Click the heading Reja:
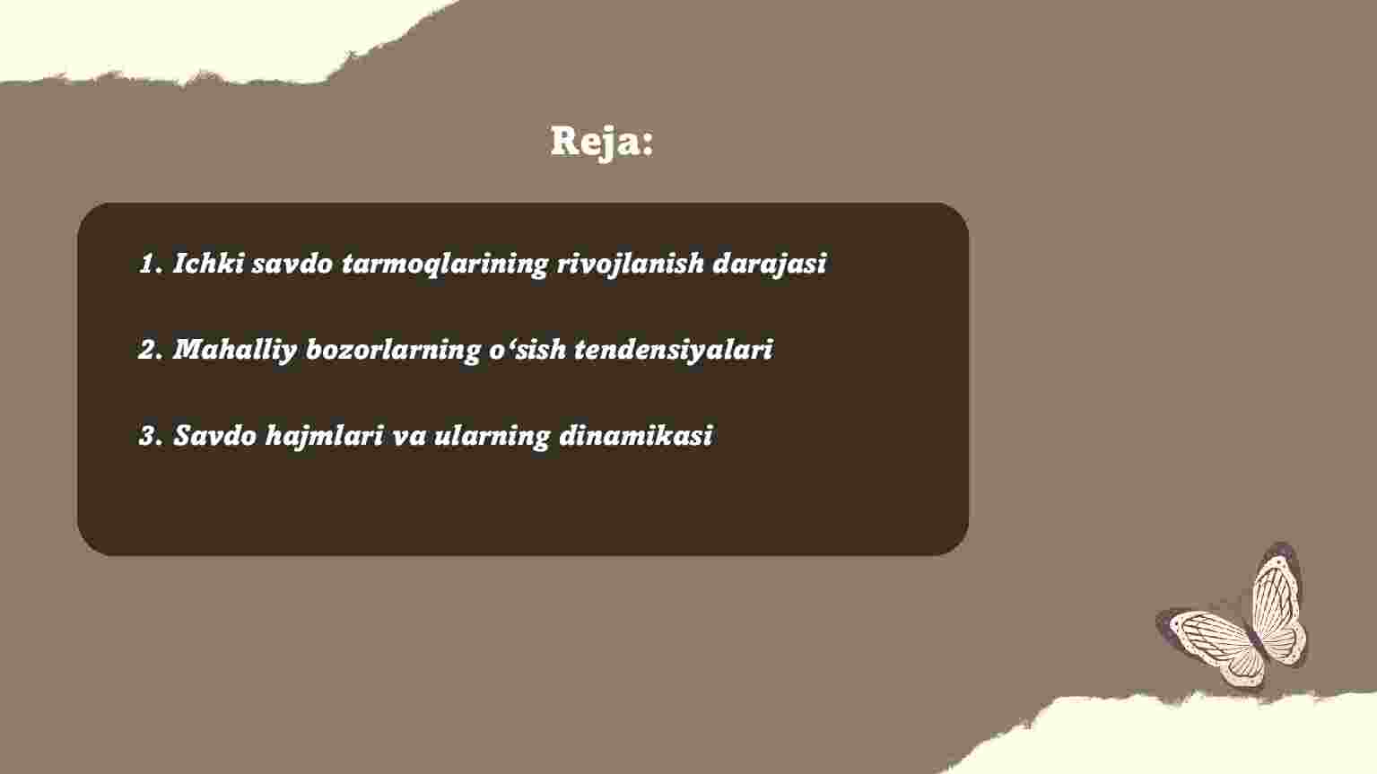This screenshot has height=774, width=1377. pos(602,142)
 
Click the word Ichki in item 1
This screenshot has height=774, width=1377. pos(208,263)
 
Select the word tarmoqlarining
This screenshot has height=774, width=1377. pos(444,265)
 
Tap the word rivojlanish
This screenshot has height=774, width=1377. pos(630,265)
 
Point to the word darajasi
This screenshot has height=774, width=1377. pos(769,265)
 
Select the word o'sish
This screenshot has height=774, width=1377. pos(527,349)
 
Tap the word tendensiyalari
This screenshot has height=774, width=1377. pos(674,351)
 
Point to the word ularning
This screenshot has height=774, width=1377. pos(492,437)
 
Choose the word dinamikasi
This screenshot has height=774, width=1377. pos(636,435)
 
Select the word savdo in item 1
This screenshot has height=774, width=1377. pos(292,264)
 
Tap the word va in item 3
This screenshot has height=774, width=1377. pos(409,438)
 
